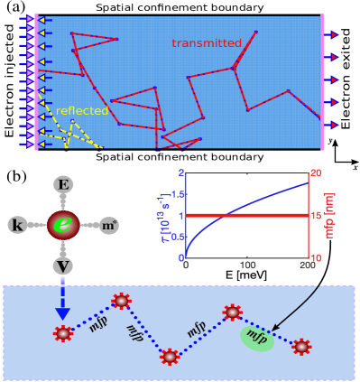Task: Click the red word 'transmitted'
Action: pos(207,43)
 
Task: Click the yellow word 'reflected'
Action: pos(81,111)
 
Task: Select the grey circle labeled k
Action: pos(19,223)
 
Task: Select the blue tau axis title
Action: pos(162,217)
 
